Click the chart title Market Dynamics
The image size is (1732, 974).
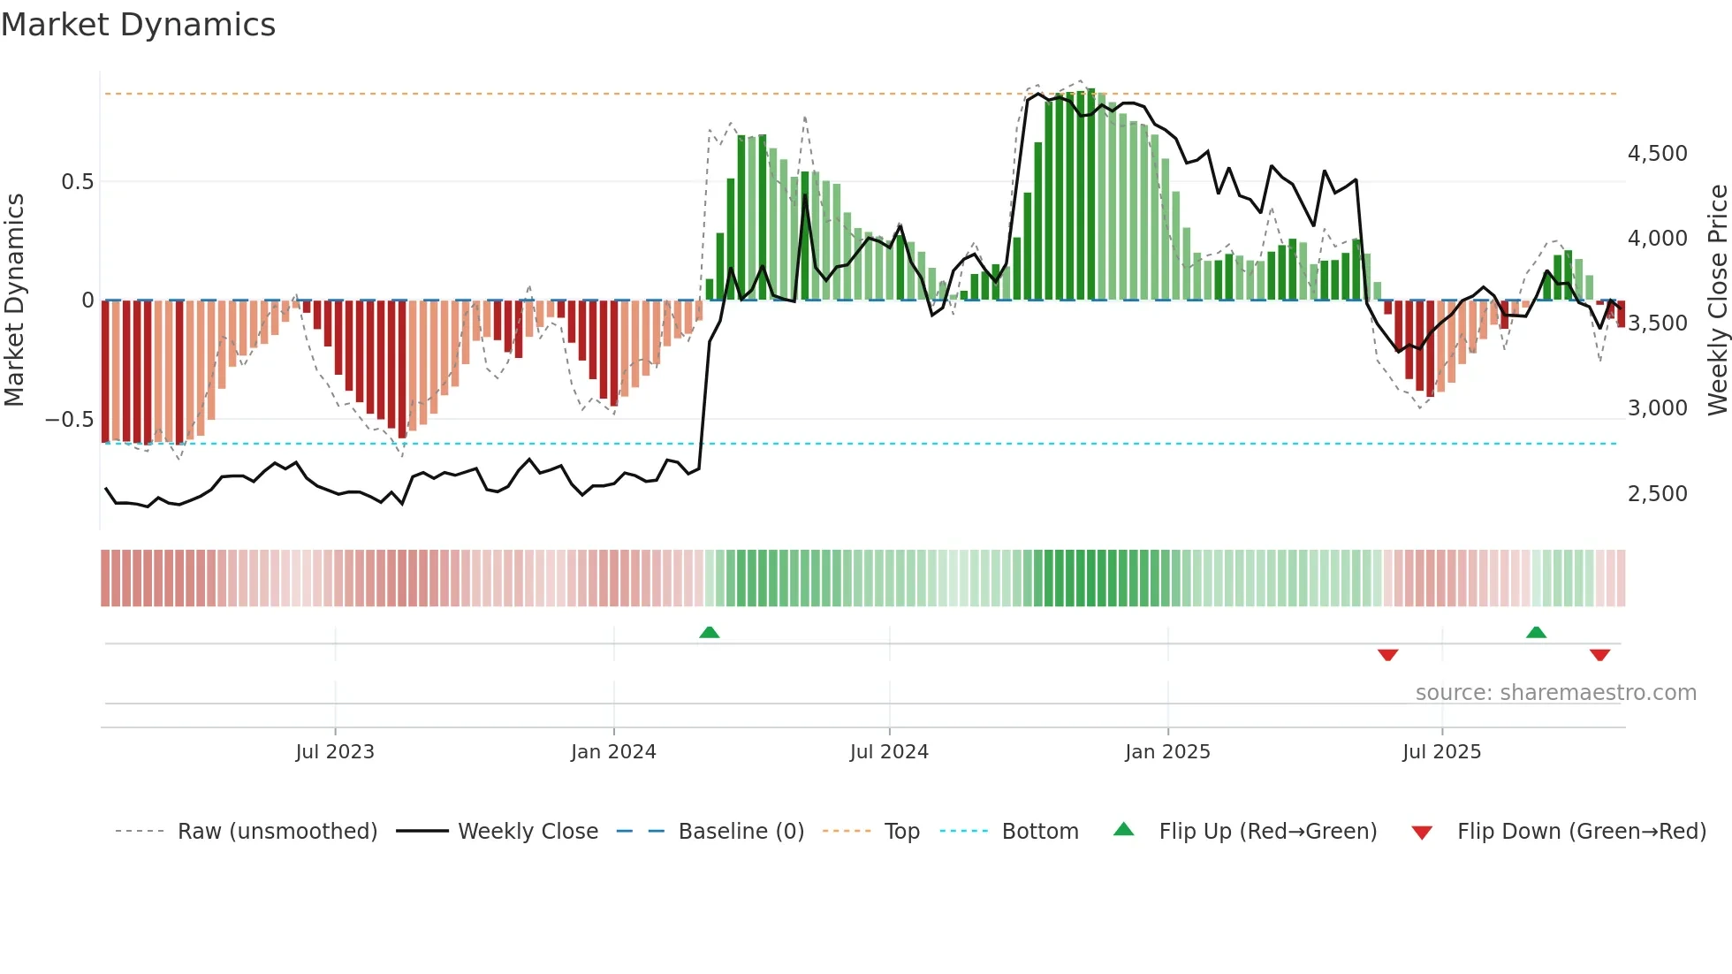pos(138,25)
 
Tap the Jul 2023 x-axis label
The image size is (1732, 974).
pos(335,752)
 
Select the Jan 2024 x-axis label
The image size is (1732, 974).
pos(613,752)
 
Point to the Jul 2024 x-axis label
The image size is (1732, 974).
pos(889,752)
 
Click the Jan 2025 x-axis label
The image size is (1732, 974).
pos(1167,752)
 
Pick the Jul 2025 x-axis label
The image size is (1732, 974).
pos(1441,752)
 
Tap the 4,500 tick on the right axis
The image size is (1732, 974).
pos(1657,154)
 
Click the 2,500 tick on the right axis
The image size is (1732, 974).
pos(1657,493)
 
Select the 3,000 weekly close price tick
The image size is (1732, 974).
pos(1657,408)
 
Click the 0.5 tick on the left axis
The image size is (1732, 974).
pos(77,182)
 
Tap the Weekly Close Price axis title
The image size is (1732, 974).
pos(1717,300)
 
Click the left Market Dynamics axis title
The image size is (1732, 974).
pos(14,300)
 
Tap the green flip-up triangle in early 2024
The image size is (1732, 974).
pos(709,632)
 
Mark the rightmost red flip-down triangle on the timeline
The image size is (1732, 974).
pos(1599,655)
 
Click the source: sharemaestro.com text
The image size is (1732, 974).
pos(1555,693)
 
